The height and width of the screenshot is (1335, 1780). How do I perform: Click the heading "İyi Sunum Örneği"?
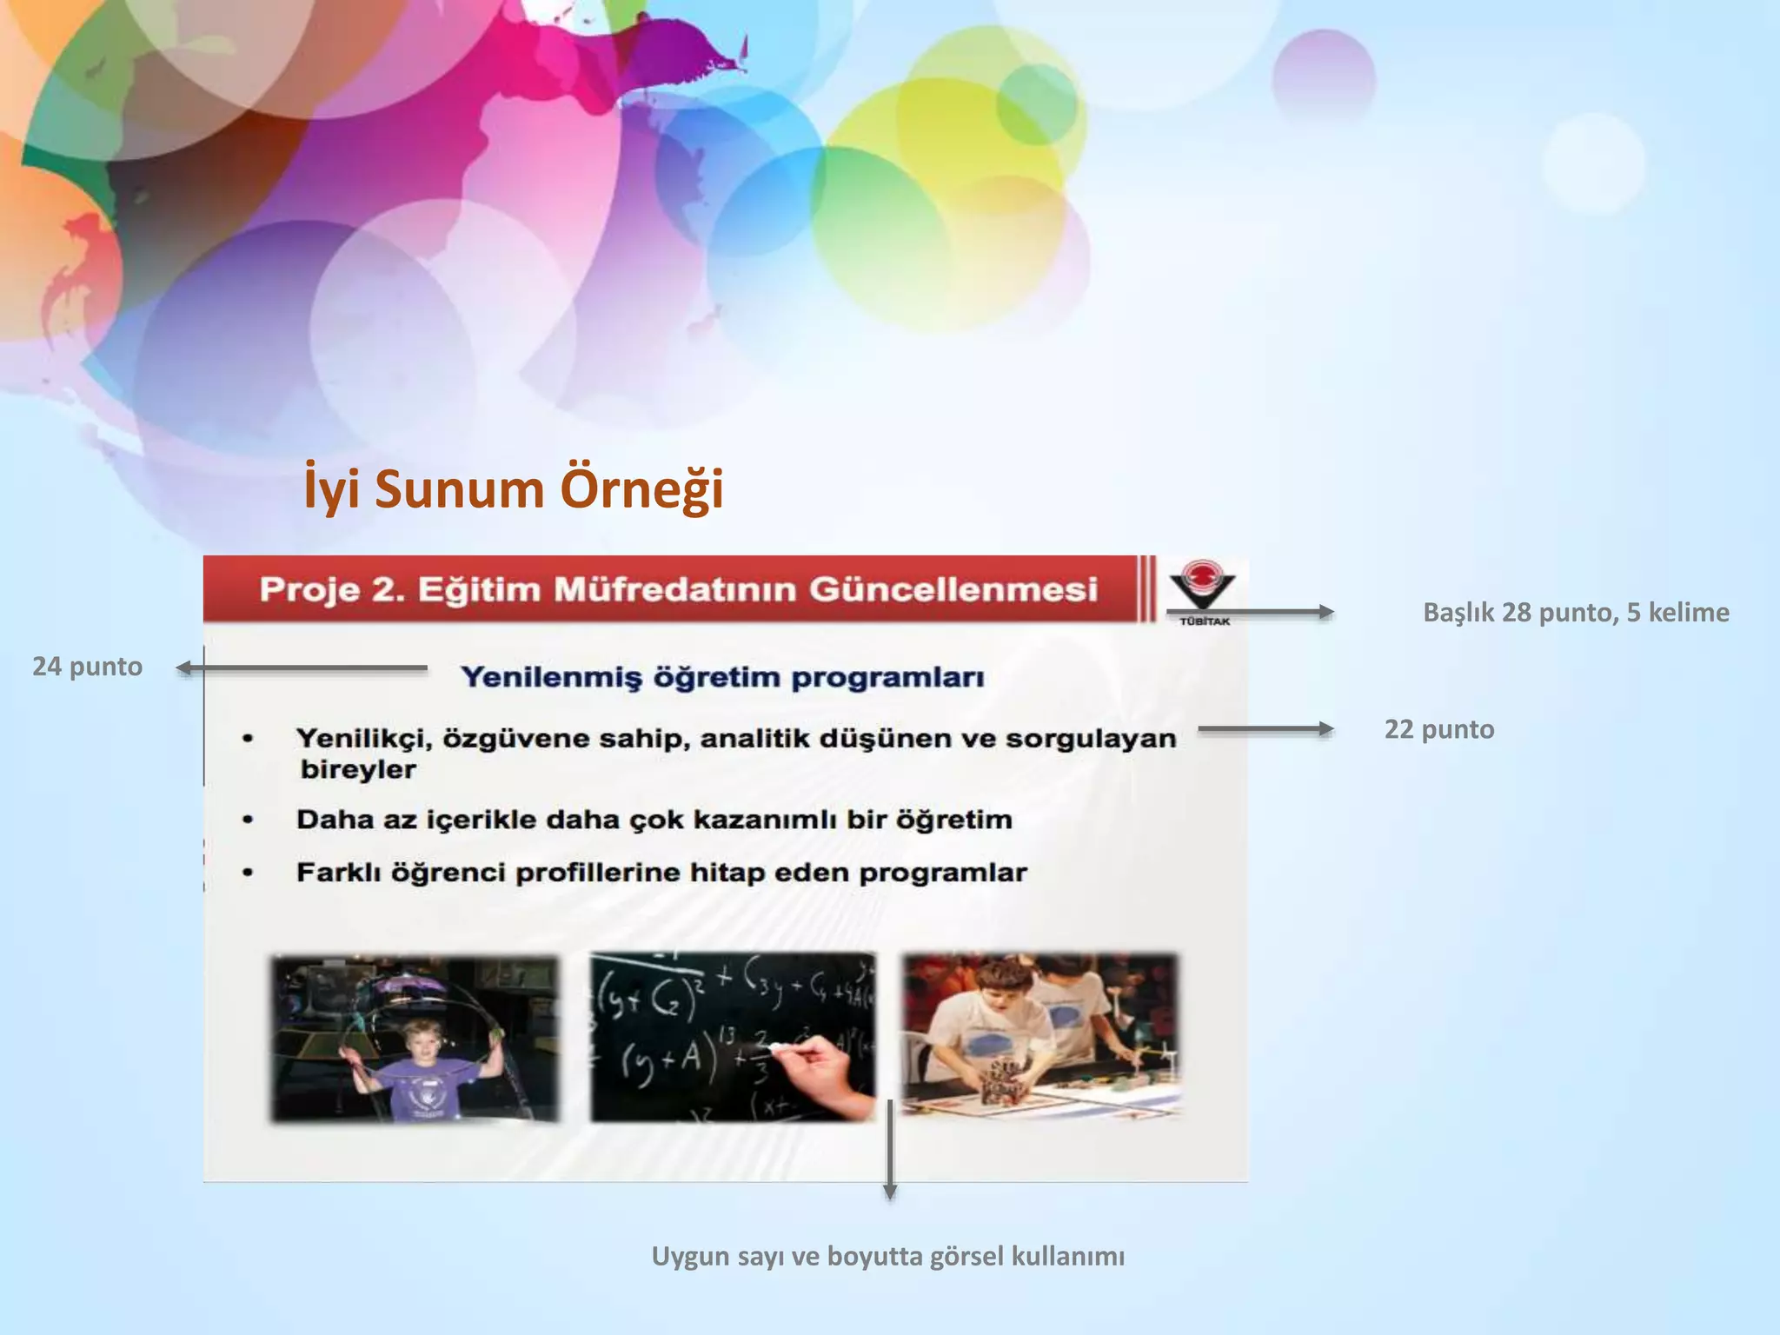pos(513,489)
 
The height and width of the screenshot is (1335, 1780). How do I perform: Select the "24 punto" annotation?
pos(87,667)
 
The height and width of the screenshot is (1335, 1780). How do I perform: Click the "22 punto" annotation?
pos(1438,729)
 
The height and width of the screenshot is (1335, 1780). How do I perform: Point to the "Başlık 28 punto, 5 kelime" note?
pos(1575,613)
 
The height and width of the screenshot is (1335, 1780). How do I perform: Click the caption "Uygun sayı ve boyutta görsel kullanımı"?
pos(887,1256)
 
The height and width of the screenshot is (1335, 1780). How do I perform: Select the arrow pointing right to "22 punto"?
pos(1265,729)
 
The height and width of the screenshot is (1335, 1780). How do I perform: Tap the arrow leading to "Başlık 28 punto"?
pos(1252,612)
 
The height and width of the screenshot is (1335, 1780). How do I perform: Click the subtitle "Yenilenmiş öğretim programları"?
pos(722,677)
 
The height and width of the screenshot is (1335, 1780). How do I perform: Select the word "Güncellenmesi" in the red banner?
pos(953,589)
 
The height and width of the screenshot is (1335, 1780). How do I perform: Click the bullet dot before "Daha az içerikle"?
pos(249,820)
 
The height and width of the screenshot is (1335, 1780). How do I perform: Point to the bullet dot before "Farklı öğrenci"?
pos(249,873)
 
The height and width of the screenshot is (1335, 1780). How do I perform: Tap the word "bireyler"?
pos(358,769)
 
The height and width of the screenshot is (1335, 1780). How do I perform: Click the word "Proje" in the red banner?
pos(309,589)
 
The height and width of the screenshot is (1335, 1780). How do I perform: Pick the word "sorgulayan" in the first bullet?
pos(1091,739)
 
